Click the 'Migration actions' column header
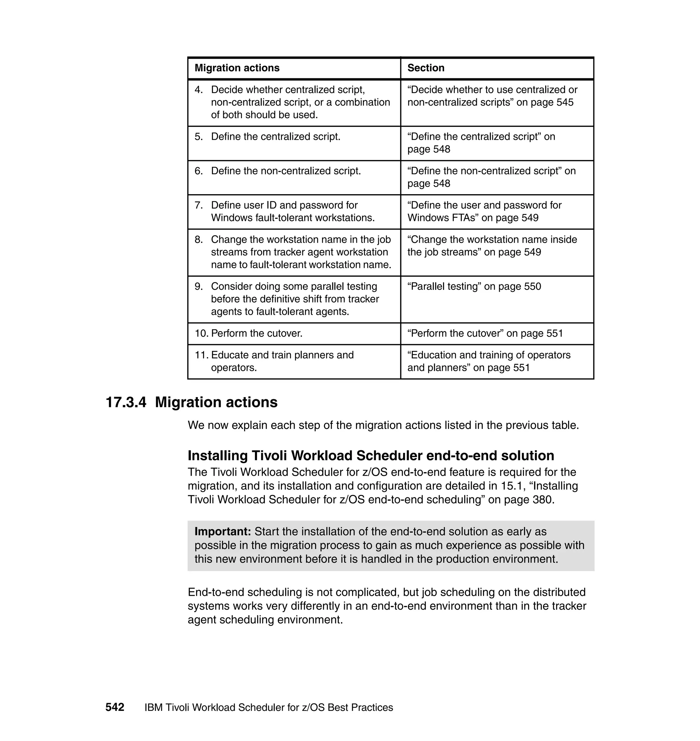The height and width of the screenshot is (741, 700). click(x=237, y=68)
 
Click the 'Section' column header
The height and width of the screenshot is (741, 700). click(x=426, y=68)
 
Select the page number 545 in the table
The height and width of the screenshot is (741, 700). click(x=565, y=103)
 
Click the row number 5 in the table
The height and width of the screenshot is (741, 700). click(x=199, y=137)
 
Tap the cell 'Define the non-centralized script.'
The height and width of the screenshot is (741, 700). click(x=286, y=171)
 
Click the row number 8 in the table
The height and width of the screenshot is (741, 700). click(x=199, y=240)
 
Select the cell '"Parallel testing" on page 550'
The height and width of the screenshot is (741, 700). click(x=474, y=286)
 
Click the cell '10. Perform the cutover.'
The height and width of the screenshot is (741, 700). click(x=248, y=334)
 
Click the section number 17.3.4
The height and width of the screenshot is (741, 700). click(x=126, y=403)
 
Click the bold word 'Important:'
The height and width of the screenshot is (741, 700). click(x=223, y=532)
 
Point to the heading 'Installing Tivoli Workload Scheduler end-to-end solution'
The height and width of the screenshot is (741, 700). click(x=371, y=456)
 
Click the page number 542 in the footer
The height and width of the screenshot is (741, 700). click(x=115, y=708)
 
